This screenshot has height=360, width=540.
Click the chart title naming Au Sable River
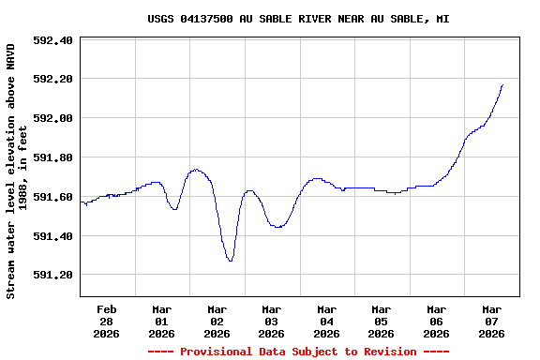tap(298, 19)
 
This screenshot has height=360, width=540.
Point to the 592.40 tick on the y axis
tap(53, 40)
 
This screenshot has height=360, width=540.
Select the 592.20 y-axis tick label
tap(53, 80)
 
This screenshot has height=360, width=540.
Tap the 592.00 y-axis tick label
tap(53, 118)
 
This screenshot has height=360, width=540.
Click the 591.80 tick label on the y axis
tap(53, 157)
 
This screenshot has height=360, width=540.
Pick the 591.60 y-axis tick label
tap(53, 197)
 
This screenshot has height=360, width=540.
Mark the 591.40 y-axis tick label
tap(53, 236)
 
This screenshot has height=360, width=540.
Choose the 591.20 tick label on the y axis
tap(53, 275)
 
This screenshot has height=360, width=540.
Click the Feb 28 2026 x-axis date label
tap(107, 321)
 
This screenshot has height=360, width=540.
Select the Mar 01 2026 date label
tap(161, 321)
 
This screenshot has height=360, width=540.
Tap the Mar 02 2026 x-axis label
tap(217, 321)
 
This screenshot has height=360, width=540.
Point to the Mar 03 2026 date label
tap(271, 321)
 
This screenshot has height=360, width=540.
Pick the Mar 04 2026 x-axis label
tap(326, 321)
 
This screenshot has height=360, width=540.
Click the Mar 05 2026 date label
tap(381, 321)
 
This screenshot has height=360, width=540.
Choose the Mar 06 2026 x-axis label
tap(436, 321)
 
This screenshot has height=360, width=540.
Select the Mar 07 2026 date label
tap(491, 321)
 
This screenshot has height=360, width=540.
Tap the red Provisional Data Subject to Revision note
tap(298, 352)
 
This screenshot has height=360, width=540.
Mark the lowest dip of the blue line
tap(230, 260)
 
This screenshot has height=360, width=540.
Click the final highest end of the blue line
tap(502, 85)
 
